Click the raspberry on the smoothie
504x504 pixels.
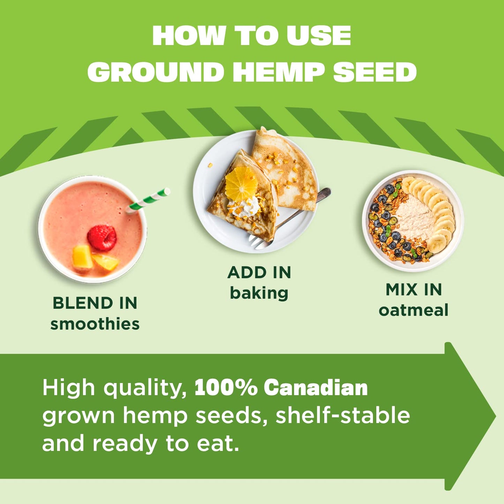(x=102, y=238)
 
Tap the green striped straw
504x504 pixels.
(x=148, y=201)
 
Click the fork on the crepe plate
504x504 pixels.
(x=290, y=218)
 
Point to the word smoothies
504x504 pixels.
(x=95, y=324)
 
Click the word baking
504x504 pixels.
(x=259, y=293)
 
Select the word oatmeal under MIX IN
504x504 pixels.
(x=414, y=310)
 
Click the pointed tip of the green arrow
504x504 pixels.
(x=495, y=416)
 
